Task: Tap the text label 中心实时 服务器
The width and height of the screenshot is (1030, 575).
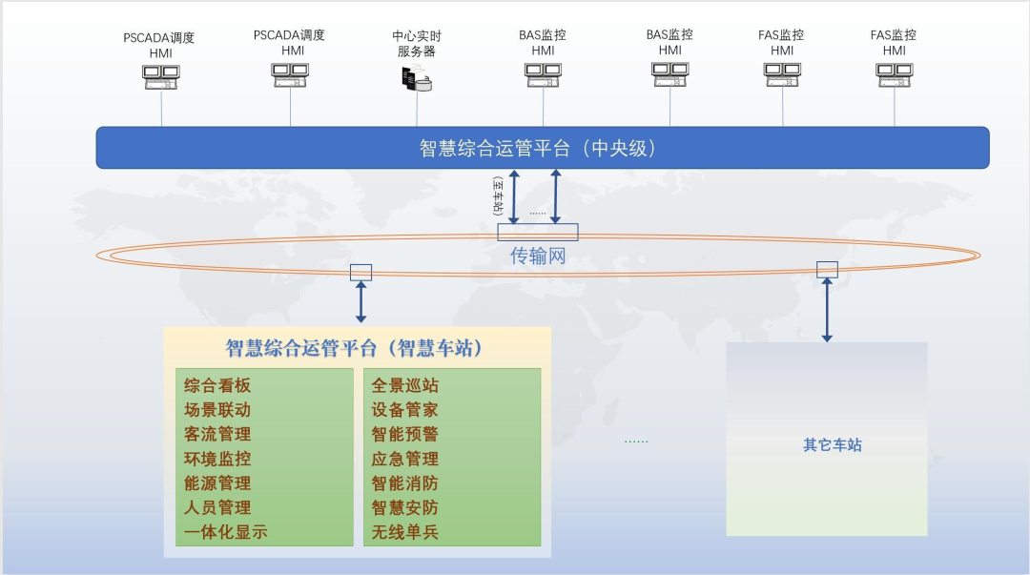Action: pos(417,44)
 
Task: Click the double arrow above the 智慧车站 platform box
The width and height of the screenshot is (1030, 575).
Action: pos(360,301)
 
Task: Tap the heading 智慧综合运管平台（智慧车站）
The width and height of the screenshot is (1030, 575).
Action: pos(354,348)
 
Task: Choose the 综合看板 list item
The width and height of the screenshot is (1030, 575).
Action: pos(217,386)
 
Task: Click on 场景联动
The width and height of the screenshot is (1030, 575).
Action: pos(217,410)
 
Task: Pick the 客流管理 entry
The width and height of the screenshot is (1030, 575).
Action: pos(217,435)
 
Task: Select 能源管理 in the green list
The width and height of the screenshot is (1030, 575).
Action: pos(217,483)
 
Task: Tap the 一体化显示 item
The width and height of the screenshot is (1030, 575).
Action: pos(226,532)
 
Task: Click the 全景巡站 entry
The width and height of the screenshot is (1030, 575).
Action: pos(405,386)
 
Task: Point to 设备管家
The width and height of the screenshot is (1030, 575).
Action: pos(405,410)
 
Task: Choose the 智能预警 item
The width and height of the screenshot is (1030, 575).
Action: pos(405,435)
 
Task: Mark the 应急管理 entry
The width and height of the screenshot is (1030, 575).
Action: pos(405,459)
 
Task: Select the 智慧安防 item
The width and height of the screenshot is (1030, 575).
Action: pos(405,507)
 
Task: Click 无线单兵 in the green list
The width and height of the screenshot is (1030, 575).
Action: pos(405,532)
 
